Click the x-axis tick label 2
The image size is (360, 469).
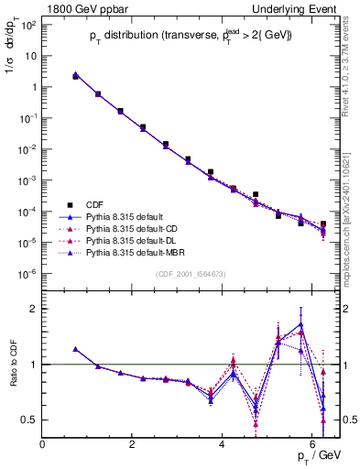click(x=133, y=446)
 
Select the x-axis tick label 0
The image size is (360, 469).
click(x=43, y=446)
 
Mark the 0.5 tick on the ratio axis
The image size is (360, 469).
click(x=30, y=420)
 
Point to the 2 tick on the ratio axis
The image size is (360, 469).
click(x=34, y=309)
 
